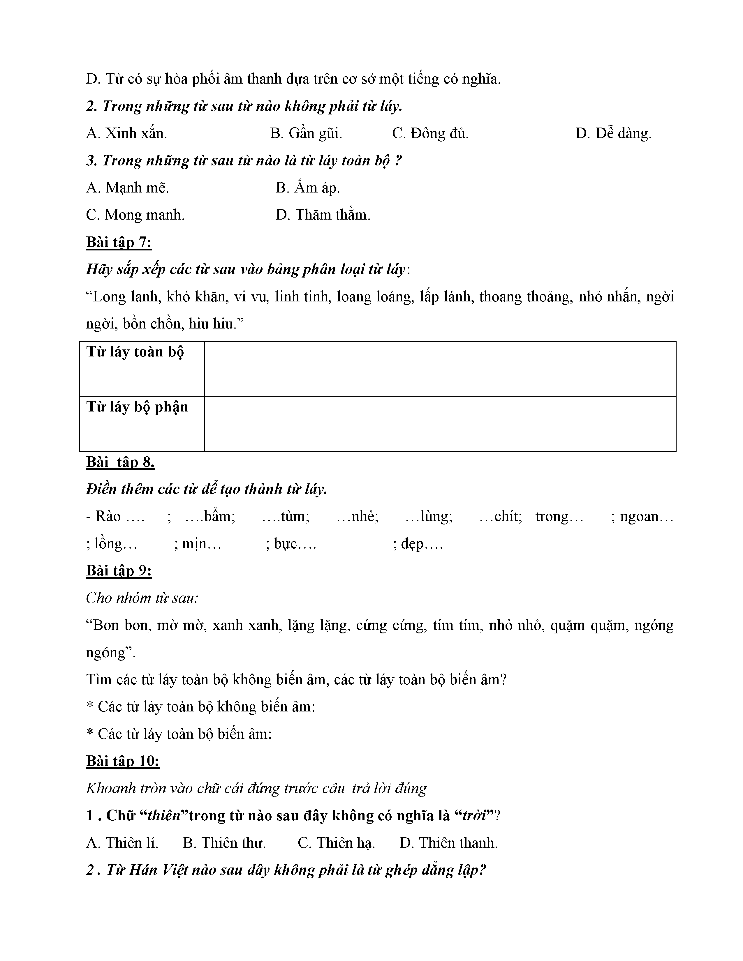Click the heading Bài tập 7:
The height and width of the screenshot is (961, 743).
[119, 243]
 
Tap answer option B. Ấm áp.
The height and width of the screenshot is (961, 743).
[308, 188]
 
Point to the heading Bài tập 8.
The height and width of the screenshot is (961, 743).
[120, 462]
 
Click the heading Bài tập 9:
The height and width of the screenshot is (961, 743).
[119, 571]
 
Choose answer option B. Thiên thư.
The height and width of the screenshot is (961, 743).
[224, 843]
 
